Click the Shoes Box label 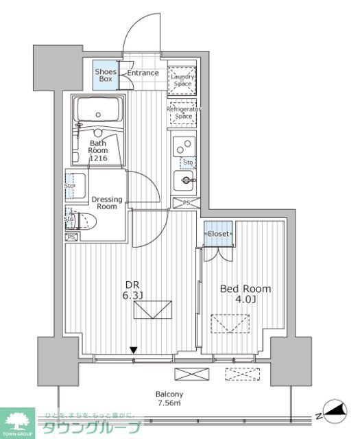(106, 74)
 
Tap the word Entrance (143, 73)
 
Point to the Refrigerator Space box (183, 112)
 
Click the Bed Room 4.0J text (245, 294)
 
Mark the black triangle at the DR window (134, 351)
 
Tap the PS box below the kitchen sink (183, 202)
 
